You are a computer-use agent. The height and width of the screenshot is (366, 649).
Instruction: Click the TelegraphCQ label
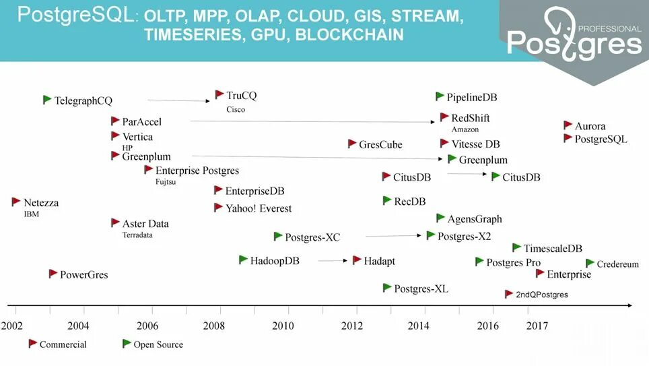pyautogui.click(x=83, y=101)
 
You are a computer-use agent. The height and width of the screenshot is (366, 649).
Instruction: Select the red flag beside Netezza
pyautogui.click(x=16, y=202)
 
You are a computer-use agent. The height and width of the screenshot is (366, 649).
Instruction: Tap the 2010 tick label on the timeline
pyautogui.click(x=283, y=326)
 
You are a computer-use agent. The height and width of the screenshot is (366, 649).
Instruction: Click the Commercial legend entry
pyautogui.click(x=63, y=344)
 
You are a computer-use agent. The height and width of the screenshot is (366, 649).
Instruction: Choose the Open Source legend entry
pyautogui.click(x=158, y=344)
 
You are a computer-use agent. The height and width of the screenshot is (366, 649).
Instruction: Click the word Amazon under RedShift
pyautogui.click(x=465, y=129)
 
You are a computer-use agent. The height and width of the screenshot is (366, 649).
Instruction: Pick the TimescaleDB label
pyautogui.click(x=553, y=249)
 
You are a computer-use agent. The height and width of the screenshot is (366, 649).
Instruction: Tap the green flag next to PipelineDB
pyautogui.click(x=440, y=96)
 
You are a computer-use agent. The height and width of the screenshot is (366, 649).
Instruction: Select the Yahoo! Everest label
pyautogui.click(x=259, y=208)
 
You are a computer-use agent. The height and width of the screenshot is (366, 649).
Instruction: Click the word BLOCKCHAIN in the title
pyautogui.click(x=350, y=35)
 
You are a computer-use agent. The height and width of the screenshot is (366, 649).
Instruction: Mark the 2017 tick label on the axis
pyautogui.click(x=537, y=326)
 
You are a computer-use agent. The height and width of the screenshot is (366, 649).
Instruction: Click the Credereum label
pyautogui.click(x=617, y=264)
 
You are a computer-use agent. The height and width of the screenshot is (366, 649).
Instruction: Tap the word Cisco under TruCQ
pyautogui.click(x=236, y=109)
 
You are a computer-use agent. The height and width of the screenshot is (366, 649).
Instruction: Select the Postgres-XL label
pyautogui.click(x=421, y=289)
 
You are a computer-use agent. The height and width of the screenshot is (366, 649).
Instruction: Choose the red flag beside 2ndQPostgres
pyautogui.click(x=510, y=294)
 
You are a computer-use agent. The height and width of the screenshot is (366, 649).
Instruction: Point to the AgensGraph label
pyautogui.click(x=475, y=219)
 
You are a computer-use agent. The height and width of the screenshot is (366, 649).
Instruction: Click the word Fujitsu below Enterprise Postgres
pyautogui.click(x=166, y=182)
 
